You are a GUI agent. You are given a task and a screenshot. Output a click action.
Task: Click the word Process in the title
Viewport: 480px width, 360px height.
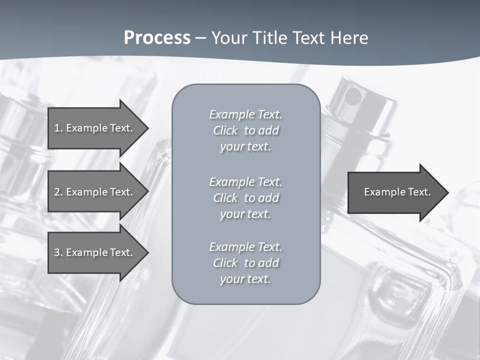point(157,38)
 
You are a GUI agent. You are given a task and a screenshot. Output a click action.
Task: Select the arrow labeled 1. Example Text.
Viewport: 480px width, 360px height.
point(95,128)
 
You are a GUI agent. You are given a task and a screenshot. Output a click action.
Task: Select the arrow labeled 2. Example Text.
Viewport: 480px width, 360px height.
point(95,192)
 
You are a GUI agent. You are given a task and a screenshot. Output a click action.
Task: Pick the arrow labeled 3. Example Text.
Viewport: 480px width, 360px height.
point(95,252)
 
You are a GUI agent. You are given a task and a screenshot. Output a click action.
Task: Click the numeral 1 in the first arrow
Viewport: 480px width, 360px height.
point(56,128)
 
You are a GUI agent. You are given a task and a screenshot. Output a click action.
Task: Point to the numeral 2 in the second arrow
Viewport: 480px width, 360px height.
point(57,192)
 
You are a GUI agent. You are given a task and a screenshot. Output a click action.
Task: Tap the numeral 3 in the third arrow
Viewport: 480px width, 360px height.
point(57,252)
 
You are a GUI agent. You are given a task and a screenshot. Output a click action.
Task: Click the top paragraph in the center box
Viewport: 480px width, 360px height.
point(245,130)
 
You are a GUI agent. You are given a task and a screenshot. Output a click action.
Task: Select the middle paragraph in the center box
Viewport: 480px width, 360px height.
point(245,198)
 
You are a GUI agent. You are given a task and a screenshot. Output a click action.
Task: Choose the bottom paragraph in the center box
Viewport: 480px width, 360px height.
point(245,263)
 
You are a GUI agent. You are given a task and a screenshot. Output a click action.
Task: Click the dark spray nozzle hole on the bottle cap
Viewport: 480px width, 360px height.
point(353,96)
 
